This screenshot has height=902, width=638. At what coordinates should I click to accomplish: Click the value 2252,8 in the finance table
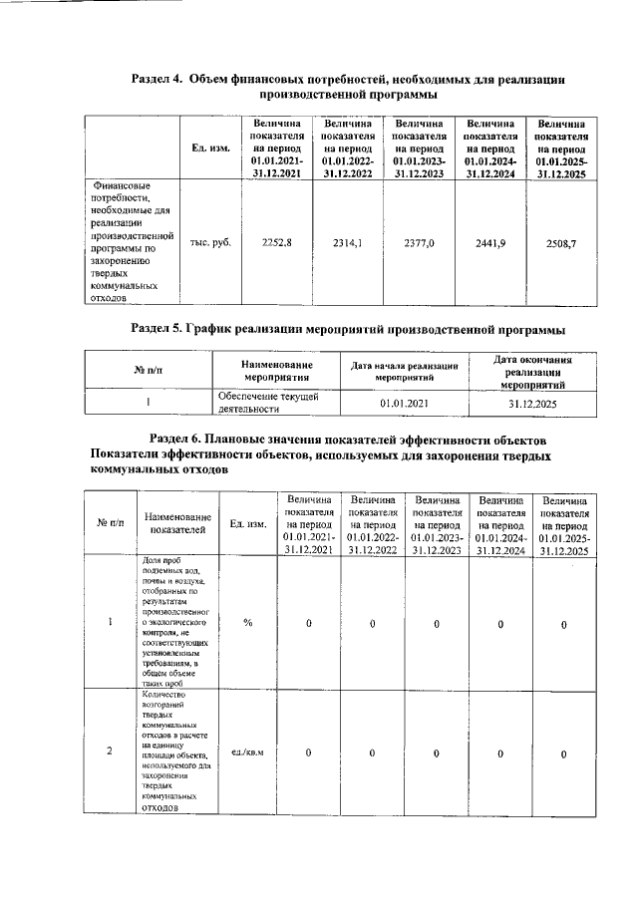point(275,242)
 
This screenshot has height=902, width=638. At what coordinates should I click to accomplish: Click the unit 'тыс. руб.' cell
point(210,242)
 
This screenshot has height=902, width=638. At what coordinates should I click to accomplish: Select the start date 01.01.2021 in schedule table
point(404,404)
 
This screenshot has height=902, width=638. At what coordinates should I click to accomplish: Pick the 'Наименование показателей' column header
point(177,523)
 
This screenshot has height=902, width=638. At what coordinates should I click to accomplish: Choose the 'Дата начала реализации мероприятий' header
point(404,373)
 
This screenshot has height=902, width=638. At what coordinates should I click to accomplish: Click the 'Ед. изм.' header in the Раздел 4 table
point(210,149)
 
